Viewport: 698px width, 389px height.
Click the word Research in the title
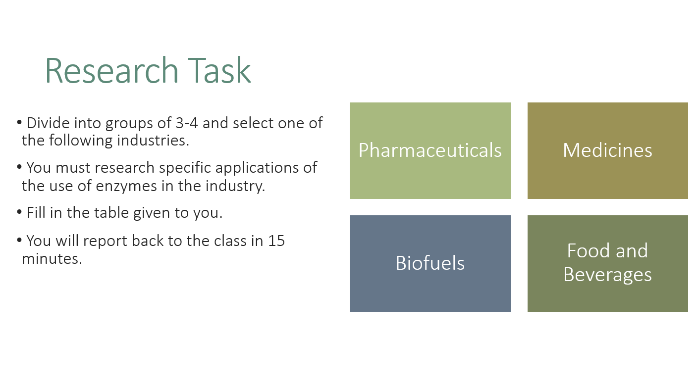(x=112, y=70)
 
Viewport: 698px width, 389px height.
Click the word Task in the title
(x=219, y=70)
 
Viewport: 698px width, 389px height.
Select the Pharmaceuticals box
(x=430, y=150)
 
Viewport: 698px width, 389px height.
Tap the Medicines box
(x=608, y=150)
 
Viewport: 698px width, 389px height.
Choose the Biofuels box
(x=430, y=263)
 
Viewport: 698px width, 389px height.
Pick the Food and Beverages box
(x=608, y=263)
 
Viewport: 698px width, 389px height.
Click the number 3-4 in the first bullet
(x=187, y=123)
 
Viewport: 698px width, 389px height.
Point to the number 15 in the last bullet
(x=276, y=241)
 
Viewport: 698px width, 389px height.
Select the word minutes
(x=52, y=259)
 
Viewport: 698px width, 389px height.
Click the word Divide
(x=48, y=123)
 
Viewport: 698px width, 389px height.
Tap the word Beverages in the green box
(x=608, y=275)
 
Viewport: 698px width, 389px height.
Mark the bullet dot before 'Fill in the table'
(x=19, y=212)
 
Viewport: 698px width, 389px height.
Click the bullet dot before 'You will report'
(x=19, y=240)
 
